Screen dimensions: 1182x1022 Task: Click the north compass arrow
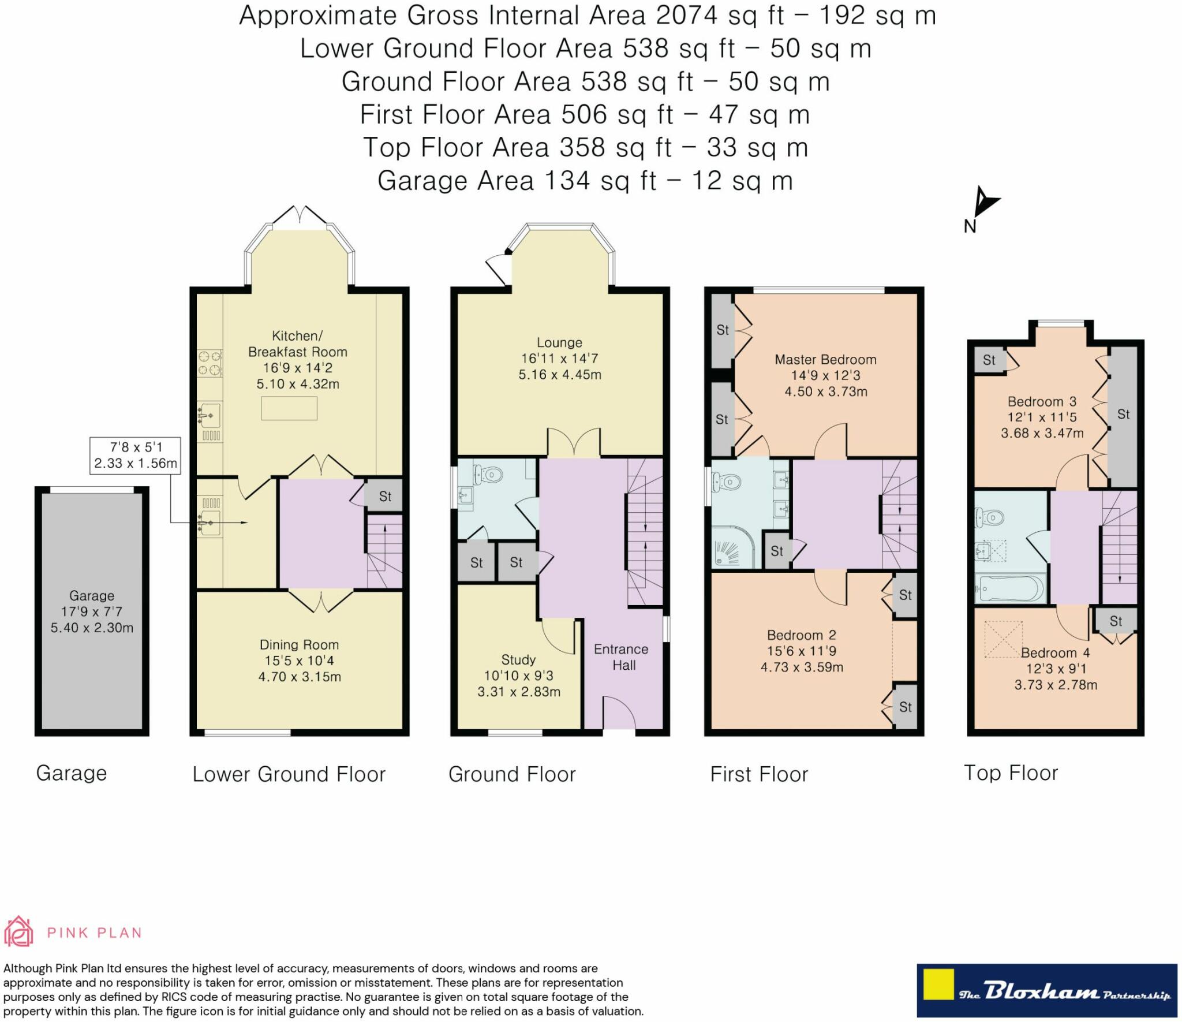pyautogui.click(x=986, y=202)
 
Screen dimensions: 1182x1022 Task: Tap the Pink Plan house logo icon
pyautogui.click(x=18, y=931)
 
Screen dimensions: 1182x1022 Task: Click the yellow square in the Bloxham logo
pyautogui.click(x=938, y=984)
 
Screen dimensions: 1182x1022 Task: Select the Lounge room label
pyautogui.click(x=559, y=343)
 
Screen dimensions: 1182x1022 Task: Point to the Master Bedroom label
pyautogui.click(x=825, y=360)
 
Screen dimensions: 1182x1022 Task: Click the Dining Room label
pyautogui.click(x=299, y=645)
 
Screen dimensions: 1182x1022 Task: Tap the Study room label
pyautogui.click(x=518, y=660)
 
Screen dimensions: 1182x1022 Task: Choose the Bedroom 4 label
pyautogui.click(x=1056, y=653)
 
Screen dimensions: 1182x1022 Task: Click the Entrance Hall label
pyautogui.click(x=622, y=657)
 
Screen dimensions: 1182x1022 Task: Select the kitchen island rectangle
pyautogui.click(x=289, y=408)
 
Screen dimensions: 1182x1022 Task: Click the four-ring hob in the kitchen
pyautogui.click(x=210, y=363)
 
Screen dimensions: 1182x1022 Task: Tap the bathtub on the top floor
pyautogui.click(x=1010, y=589)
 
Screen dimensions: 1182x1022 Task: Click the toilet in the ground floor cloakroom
pyautogui.click(x=488, y=475)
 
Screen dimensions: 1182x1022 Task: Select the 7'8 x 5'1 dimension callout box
pyautogui.click(x=135, y=456)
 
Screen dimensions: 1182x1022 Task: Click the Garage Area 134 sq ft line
pyautogui.click(x=585, y=181)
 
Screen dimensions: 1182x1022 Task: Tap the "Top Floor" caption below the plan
pyautogui.click(x=1011, y=773)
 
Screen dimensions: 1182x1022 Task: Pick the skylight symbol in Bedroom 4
pyautogui.click(x=1004, y=639)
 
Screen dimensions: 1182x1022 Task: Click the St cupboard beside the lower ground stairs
pyautogui.click(x=384, y=496)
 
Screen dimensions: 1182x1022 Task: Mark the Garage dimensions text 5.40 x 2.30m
pyautogui.click(x=92, y=628)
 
